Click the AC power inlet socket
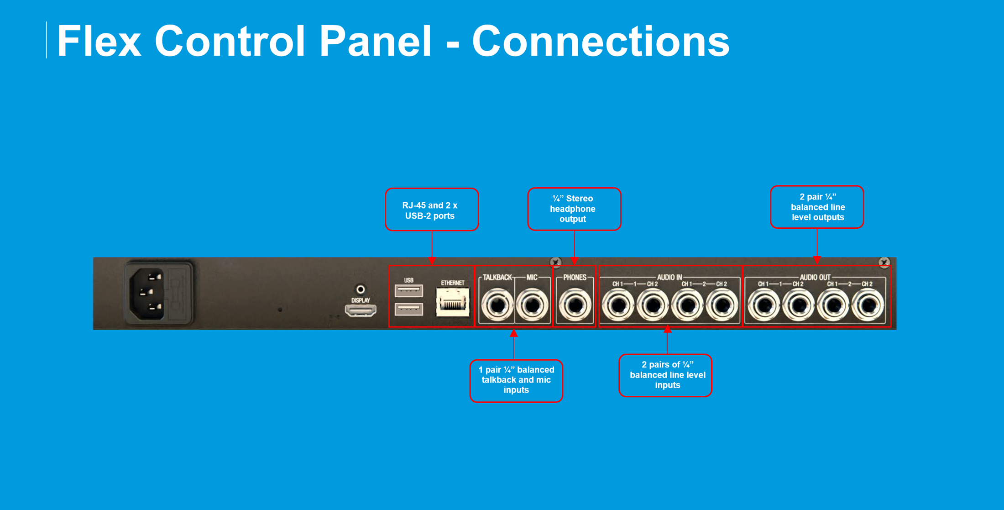click(147, 293)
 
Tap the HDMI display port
click(361, 310)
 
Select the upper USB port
click(408, 290)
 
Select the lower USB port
click(408, 309)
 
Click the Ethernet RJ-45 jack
click(452, 302)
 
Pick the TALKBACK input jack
click(497, 305)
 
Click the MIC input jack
click(532, 305)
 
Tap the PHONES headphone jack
click(575, 305)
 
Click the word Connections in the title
click(601, 41)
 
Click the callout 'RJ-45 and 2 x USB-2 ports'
click(432, 210)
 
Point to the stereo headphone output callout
click(574, 209)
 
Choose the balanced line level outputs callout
click(817, 207)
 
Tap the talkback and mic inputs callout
click(516, 380)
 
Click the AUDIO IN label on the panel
click(669, 277)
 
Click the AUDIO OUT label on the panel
click(815, 277)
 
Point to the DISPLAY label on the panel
click(361, 300)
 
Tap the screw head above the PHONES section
click(555, 262)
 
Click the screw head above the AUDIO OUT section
click(884, 262)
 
